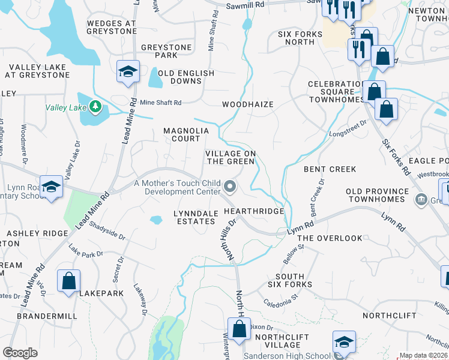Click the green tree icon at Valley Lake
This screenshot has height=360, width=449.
point(95,107)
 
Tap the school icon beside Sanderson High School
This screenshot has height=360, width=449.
point(344,343)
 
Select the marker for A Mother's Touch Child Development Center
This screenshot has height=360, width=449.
point(231,188)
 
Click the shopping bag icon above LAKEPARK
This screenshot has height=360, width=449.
point(69,280)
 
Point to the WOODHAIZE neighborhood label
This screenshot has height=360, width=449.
point(248,104)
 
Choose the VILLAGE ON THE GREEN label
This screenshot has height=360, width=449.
point(231,158)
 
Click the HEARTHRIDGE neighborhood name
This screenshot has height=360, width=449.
point(253,212)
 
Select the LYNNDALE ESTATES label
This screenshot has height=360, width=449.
point(194,217)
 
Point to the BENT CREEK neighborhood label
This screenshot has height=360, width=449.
point(330,170)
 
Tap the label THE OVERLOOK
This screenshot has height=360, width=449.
point(330,238)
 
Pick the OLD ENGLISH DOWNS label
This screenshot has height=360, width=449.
point(185,77)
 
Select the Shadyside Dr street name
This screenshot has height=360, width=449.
point(107,229)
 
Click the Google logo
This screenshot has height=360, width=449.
point(20,353)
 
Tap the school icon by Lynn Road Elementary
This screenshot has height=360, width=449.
point(51,186)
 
